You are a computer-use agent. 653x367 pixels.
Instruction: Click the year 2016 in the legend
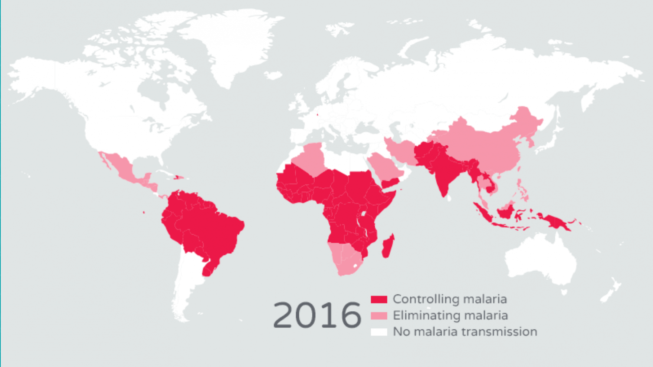[x=317, y=315]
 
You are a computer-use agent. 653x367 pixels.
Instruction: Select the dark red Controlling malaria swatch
[x=379, y=299]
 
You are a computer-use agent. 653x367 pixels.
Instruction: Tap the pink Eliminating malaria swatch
[x=379, y=315]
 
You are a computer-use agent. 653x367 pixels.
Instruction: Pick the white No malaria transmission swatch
[x=379, y=331]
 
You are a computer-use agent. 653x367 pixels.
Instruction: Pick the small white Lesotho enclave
[x=355, y=266]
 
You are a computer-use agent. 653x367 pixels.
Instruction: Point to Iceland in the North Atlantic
[x=273, y=75]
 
